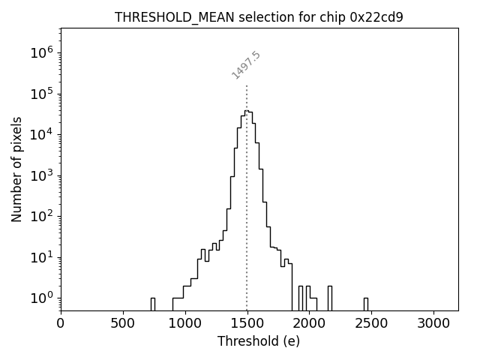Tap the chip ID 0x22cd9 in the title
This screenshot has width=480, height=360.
(x=376, y=17)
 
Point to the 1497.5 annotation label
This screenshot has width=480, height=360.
(x=246, y=65)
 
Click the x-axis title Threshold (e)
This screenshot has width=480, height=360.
(x=259, y=341)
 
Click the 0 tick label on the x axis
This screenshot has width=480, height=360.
(x=61, y=323)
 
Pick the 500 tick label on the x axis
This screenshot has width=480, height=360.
(x=123, y=323)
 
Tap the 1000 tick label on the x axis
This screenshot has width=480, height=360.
(x=184, y=323)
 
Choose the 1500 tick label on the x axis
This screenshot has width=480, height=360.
(x=247, y=323)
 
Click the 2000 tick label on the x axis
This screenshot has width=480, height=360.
(x=309, y=323)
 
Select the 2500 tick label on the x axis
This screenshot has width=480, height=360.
(x=371, y=323)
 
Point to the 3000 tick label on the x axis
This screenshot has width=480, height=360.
(x=433, y=323)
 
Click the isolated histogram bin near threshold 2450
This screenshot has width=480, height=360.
(x=366, y=303)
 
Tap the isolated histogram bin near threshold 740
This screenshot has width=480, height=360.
(x=153, y=303)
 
